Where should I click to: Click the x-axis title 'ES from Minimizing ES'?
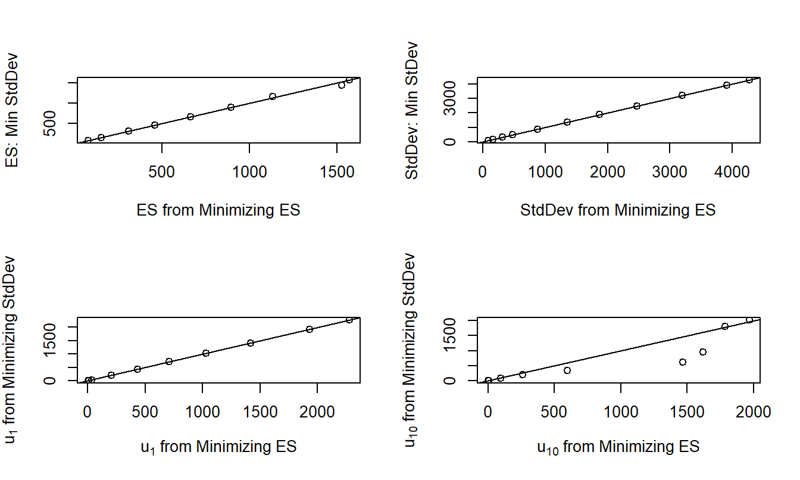tap(218, 210)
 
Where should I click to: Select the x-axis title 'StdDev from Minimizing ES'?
tap(618, 210)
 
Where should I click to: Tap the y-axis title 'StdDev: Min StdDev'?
tap(411, 111)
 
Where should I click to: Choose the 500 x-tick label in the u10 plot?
tap(554, 411)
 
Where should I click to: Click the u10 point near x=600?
tap(567, 370)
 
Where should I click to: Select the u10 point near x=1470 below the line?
tap(683, 362)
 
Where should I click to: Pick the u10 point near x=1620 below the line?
tap(703, 352)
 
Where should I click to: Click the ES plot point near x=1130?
tap(273, 96)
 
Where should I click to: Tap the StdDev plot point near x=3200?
tap(682, 95)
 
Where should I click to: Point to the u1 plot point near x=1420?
tap(251, 343)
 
